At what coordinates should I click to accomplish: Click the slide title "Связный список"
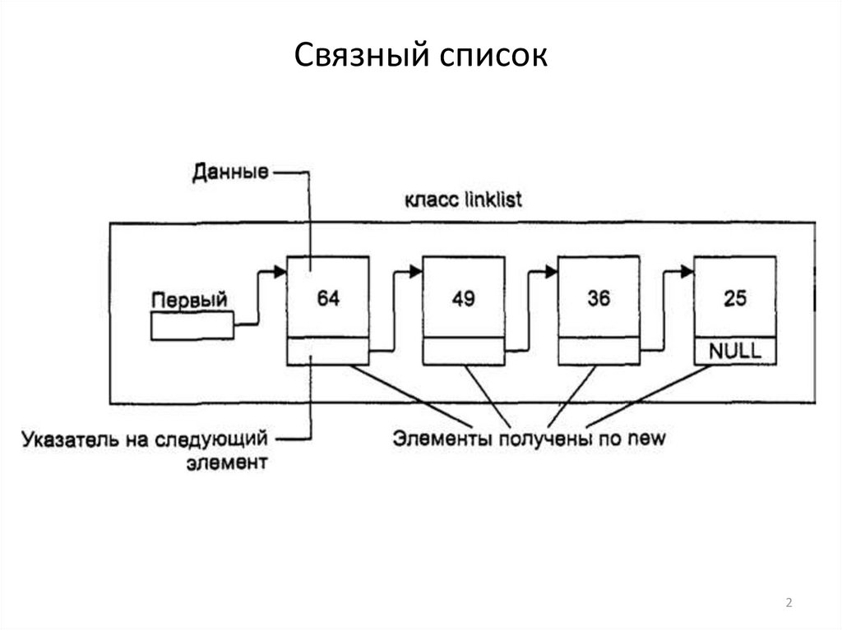click(x=420, y=57)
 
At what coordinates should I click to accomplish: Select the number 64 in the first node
click(x=328, y=299)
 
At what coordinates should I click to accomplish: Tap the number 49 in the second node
click(x=463, y=299)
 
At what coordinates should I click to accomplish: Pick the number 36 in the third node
click(x=599, y=299)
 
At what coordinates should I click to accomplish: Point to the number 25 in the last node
click(x=734, y=299)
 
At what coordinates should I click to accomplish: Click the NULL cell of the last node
click(x=735, y=352)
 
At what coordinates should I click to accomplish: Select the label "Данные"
click(x=229, y=173)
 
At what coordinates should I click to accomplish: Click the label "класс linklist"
click(x=463, y=200)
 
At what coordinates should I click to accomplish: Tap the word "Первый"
click(x=189, y=300)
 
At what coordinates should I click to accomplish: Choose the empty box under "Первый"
click(x=192, y=328)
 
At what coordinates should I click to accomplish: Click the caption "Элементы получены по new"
click(x=529, y=438)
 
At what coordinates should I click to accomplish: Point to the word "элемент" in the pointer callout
click(x=224, y=463)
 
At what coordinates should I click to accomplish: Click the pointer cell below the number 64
click(x=328, y=352)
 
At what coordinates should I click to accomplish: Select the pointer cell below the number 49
click(x=463, y=352)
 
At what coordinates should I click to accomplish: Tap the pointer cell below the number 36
click(x=599, y=352)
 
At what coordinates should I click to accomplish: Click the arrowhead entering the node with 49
click(x=415, y=269)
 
